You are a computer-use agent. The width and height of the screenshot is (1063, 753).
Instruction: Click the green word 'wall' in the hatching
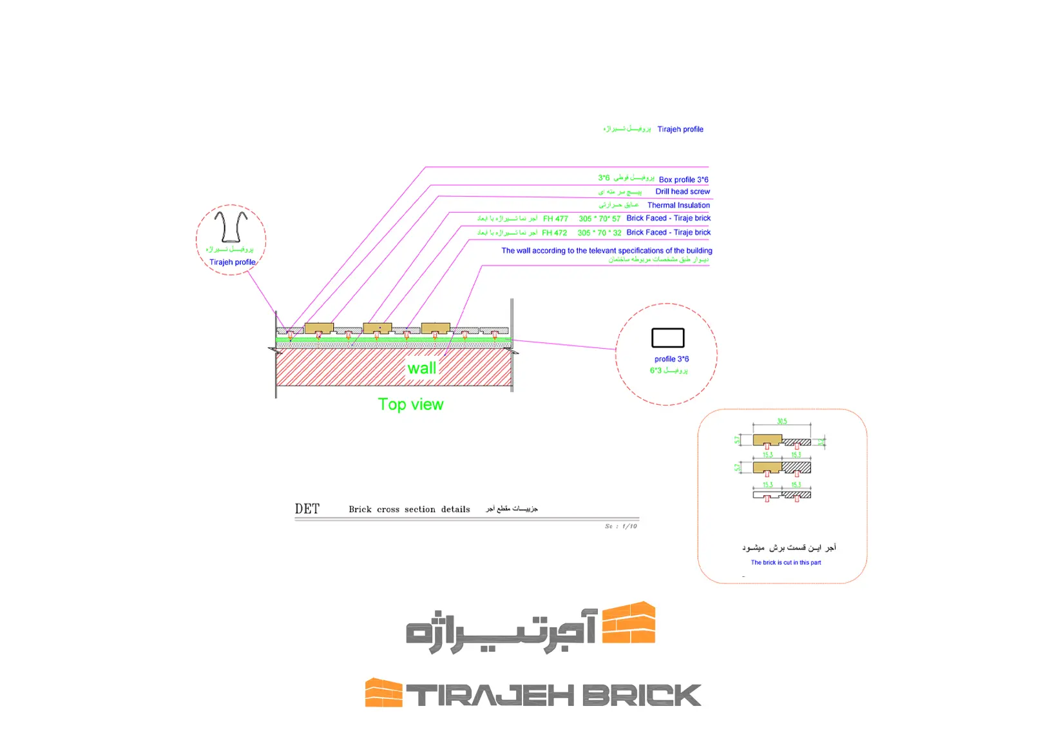(x=422, y=368)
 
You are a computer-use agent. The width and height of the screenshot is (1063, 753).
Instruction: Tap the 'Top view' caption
(x=410, y=404)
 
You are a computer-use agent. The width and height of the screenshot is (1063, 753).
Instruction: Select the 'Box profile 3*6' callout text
(x=684, y=180)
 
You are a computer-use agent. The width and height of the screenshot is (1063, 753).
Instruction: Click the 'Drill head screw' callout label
(x=682, y=191)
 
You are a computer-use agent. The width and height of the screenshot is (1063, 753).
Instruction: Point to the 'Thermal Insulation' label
(x=678, y=205)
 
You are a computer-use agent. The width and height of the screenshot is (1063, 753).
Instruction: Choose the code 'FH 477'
(x=555, y=219)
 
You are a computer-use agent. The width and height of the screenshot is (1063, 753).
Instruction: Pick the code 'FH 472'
(x=554, y=233)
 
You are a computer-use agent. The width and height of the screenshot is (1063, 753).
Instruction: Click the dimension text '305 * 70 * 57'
(x=599, y=219)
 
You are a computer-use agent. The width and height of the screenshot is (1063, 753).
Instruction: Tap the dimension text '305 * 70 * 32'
(x=599, y=233)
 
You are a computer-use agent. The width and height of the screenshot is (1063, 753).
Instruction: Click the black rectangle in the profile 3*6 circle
(x=667, y=338)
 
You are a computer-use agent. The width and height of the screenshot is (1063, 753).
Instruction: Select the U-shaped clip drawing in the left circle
(x=231, y=226)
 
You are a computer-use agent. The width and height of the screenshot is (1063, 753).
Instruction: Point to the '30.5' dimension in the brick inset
(x=781, y=422)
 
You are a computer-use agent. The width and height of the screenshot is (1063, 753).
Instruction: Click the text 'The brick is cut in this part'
(x=785, y=563)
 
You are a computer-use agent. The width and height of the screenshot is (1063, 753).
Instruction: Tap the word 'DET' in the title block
(x=307, y=509)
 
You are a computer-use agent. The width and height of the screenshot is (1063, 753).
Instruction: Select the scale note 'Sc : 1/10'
(x=620, y=527)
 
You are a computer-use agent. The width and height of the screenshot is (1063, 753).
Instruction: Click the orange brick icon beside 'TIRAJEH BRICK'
(x=383, y=692)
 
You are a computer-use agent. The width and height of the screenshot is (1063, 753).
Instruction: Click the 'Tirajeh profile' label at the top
(x=680, y=130)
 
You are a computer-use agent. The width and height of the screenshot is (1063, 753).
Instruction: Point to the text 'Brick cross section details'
(x=409, y=509)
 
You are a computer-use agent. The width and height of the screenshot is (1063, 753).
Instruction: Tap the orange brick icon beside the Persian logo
(x=628, y=623)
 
